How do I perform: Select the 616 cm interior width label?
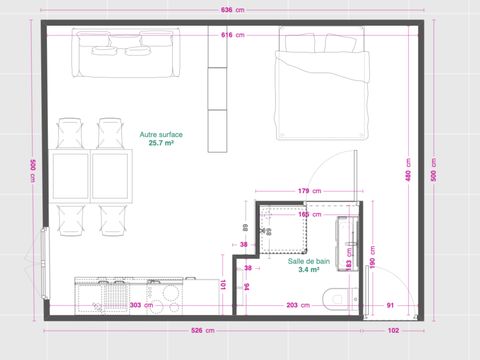click(232, 35)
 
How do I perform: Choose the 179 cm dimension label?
click(308, 190)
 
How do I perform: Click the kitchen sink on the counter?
click(107, 294)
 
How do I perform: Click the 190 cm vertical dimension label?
click(373, 257)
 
